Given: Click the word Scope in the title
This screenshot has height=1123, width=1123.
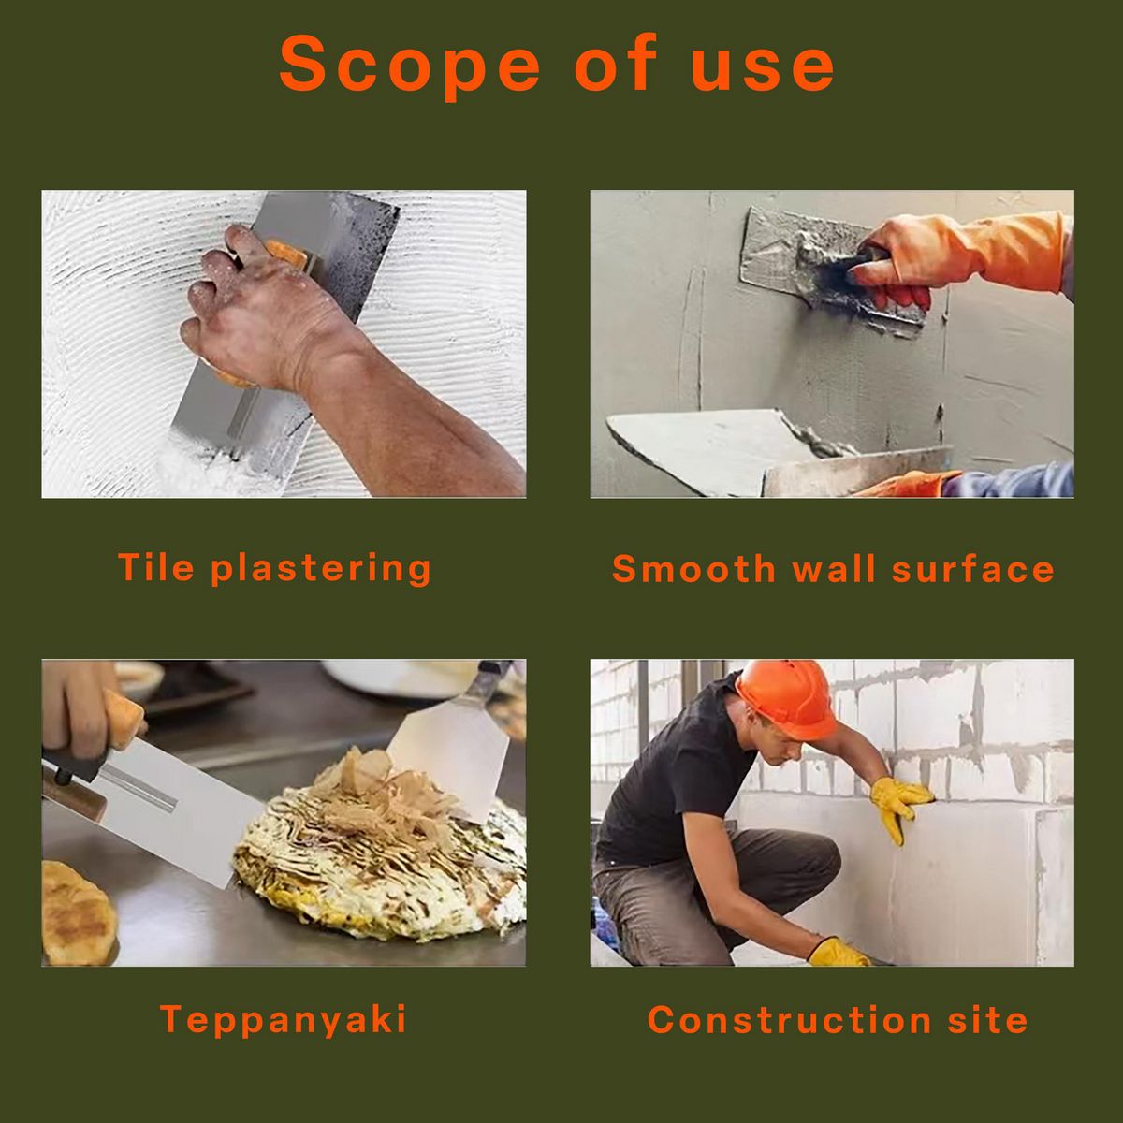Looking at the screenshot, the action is pos(409,65).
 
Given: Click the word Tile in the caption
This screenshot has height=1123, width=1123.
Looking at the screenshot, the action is pos(155,566).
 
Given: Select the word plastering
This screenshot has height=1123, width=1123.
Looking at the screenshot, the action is pos(321,568).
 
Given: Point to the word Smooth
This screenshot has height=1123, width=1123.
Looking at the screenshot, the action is pos(693,568).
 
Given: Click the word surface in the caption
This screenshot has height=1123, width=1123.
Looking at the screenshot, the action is pos(972,568).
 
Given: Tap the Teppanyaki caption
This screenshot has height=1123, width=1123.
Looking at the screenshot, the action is pos(284,1019).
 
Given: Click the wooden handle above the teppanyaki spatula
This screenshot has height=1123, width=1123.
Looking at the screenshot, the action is pos(124,720).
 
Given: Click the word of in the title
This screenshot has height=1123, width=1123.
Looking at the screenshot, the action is pos(616,62).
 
